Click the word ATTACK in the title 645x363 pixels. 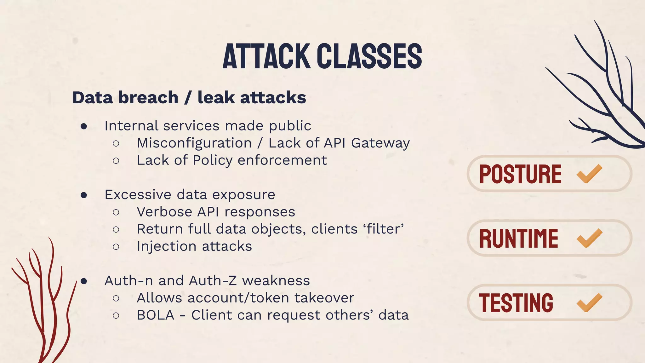pyautogui.click(x=266, y=56)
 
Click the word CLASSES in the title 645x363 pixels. pyautogui.click(x=369, y=56)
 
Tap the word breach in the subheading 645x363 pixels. pyautogui.click(x=148, y=98)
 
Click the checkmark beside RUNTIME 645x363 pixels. pyautogui.click(x=589, y=238)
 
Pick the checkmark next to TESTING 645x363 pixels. pyautogui.click(x=589, y=302)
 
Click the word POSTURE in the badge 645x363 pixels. pyautogui.click(x=520, y=174)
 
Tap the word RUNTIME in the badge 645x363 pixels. pyautogui.click(x=518, y=239)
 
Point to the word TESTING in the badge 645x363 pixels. pyautogui.click(x=516, y=303)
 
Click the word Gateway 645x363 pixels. pyautogui.click(x=380, y=143)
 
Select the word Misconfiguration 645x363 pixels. pyautogui.click(x=194, y=143)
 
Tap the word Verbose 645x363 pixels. pyautogui.click(x=164, y=212)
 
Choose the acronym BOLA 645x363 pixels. pyautogui.click(x=155, y=315)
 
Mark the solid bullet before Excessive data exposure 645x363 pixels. pyautogui.click(x=84, y=195)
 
